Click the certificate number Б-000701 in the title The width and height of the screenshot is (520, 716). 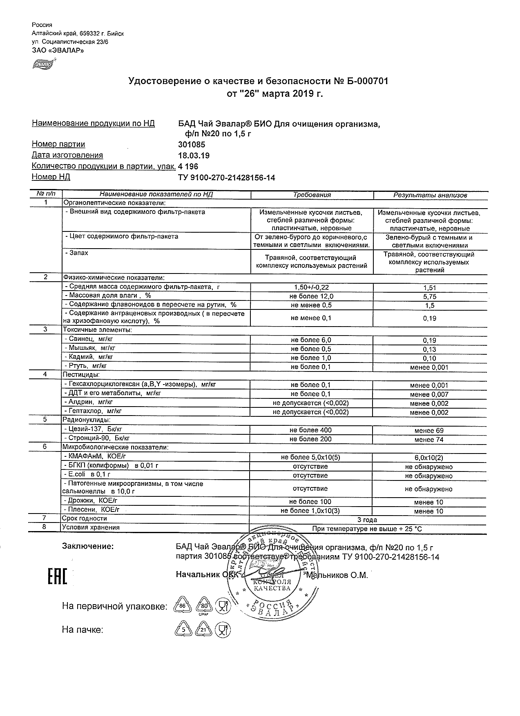pos(368,81)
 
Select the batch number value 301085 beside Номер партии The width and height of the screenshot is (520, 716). pos(192,145)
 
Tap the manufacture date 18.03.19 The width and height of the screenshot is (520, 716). pos(194,155)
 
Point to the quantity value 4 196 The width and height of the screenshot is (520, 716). pos(188,166)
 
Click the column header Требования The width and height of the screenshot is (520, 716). pos(312,195)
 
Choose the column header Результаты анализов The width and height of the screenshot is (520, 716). pos(430,195)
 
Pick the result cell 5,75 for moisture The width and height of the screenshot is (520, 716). pos(430,297)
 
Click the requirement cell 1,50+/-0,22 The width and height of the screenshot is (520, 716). pos(312,287)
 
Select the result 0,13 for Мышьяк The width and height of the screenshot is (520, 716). pos(430,349)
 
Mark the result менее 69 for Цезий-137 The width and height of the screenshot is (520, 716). pos(429,431)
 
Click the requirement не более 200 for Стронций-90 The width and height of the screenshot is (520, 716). pos(311,439)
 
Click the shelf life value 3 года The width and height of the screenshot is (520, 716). pos(367,520)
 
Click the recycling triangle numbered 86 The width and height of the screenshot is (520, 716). pos(182,607)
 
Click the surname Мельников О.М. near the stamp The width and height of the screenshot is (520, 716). pos(337,576)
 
